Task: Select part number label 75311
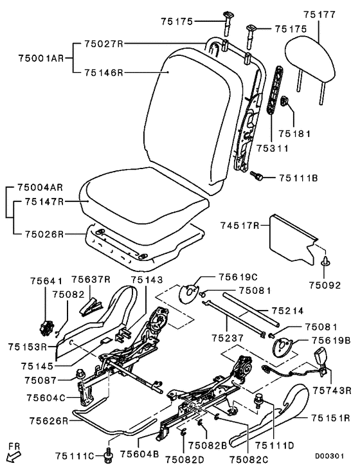point(272,148)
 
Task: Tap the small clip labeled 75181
point(284,102)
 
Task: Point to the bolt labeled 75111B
point(256,176)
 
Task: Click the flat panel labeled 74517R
point(292,240)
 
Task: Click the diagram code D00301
point(329,456)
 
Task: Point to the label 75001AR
point(41,58)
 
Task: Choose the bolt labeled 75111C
point(108,455)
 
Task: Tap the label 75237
point(228,338)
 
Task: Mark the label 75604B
point(139,454)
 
